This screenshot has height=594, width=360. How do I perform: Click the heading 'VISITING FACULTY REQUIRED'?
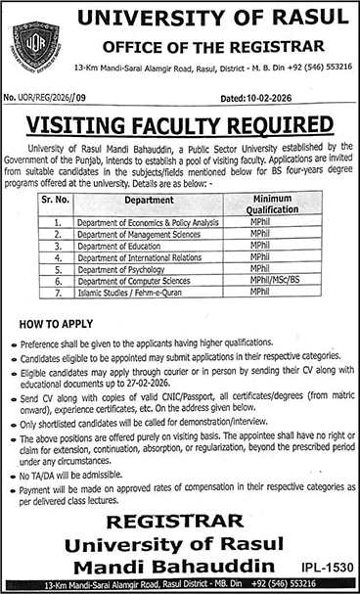coord(180,125)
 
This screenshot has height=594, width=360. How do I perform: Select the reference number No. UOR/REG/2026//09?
coord(45,97)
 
